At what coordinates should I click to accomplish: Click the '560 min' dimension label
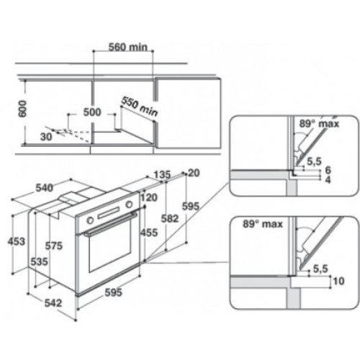click(128, 47)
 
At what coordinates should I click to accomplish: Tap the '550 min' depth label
click(140, 107)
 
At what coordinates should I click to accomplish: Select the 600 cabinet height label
click(22, 109)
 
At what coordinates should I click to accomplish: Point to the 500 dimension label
click(92, 112)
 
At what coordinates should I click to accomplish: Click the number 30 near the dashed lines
click(46, 137)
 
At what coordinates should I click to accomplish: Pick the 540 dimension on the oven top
click(45, 188)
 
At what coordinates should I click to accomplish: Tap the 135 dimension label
click(162, 174)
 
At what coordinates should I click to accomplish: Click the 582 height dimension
click(170, 219)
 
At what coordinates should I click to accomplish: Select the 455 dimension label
click(149, 233)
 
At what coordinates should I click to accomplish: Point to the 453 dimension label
click(17, 241)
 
